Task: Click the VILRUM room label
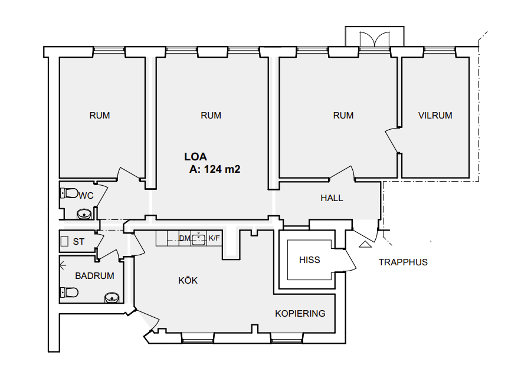pos(435,116)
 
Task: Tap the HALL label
pos(332,198)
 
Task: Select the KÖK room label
pos(188,280)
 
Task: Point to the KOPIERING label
pos(300,314)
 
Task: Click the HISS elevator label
pos(310,260)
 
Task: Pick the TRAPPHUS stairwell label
pos(403,262)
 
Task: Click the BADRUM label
pos(94,276)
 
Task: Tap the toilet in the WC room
pos(70,193)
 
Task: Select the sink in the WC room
pos(84,214)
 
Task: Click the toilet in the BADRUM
pos(69,292)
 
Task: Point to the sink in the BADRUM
pos(112,298)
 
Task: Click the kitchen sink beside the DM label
pos(199,239)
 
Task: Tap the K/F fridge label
pos(214,238)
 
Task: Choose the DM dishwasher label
pos(185,238)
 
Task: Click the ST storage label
pos(78,242)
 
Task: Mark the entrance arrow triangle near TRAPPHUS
pos(365,244)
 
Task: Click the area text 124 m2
pos(222,169)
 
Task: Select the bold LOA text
pos(196,157)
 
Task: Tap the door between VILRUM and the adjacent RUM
pos(393,140)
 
